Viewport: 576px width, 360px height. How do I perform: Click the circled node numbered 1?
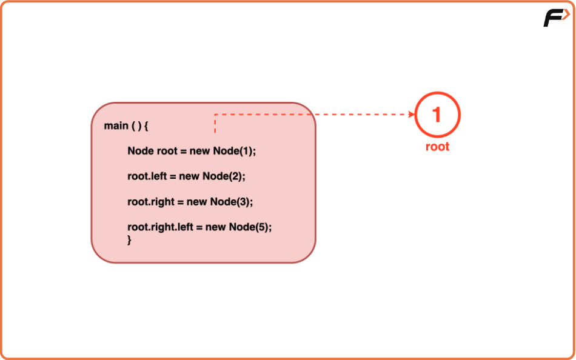point(437,115)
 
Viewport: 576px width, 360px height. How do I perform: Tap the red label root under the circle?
point(437,147)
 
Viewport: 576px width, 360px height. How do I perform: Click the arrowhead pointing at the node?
point(410,114)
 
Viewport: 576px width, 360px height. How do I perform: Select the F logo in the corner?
point(555,18)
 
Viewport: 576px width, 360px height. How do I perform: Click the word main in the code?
point(116,126)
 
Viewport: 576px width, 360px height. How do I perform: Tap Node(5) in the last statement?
point(249,227)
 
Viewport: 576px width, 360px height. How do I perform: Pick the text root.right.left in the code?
point(160,227)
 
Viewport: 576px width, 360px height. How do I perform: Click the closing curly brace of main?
point(129,240)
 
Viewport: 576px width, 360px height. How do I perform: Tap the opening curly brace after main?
point(146,126)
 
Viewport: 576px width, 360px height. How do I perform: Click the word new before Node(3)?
point(197,202)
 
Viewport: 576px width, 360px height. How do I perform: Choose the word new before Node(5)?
point(216,227)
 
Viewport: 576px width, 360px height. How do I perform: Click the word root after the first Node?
point(167,151)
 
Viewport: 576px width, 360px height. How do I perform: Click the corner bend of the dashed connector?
point(215,114)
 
